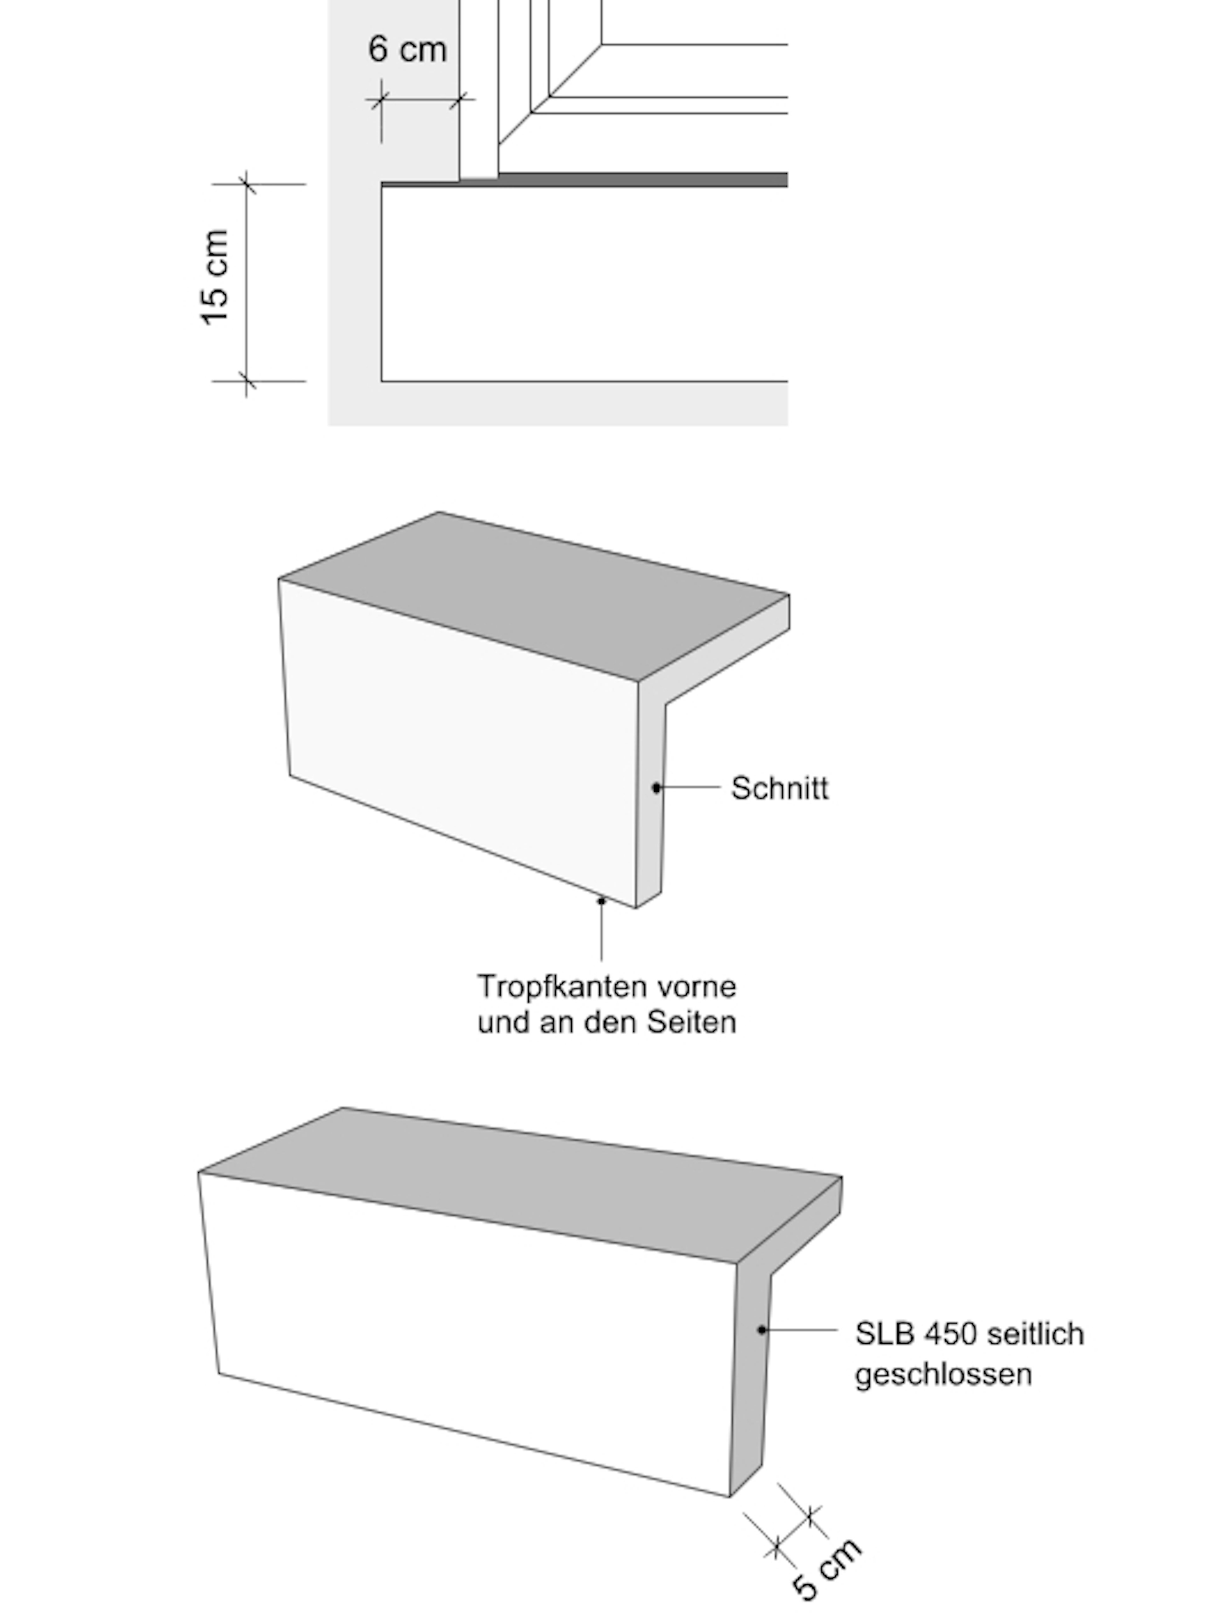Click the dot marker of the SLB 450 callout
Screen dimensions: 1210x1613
pyautogui.click(x=761, y=1330)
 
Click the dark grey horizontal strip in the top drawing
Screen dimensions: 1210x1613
pyautogui.click(x=642, y=179)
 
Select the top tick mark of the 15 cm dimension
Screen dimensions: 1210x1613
pyautogui.click(x=246, y=184)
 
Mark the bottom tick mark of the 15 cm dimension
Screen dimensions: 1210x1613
pyautogui.click(x=246, y=381)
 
